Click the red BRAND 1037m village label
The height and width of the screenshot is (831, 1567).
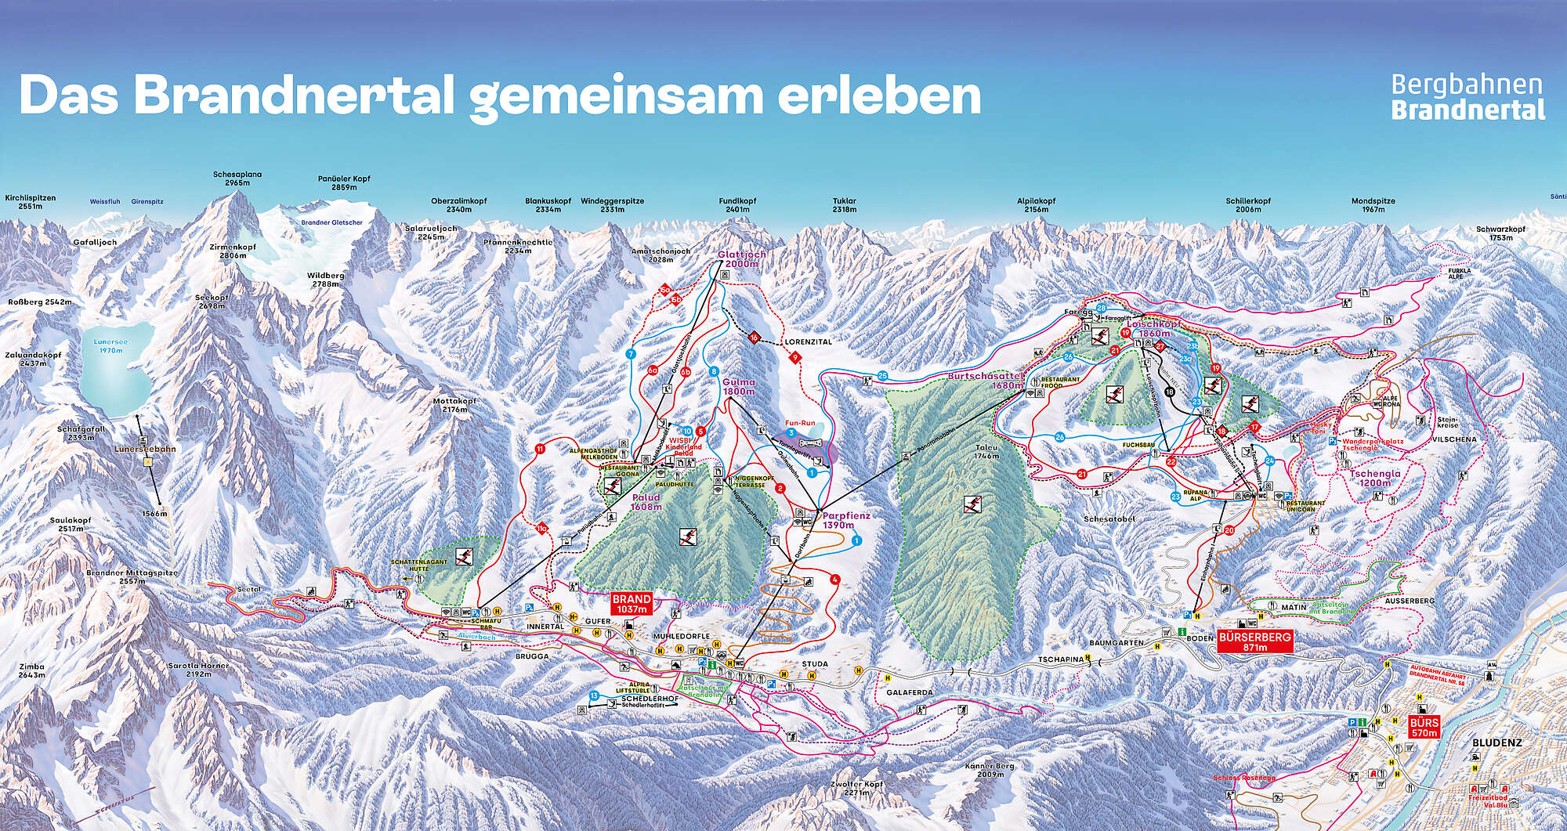pos(632,603)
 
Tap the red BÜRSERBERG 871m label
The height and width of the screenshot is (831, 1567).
pos(1254,642)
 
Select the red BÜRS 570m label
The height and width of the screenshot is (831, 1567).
pos(1424,728)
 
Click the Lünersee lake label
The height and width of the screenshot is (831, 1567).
pos(110,346)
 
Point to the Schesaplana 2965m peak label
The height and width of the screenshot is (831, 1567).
pos(237,179)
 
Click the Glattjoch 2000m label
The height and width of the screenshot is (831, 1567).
pos(741,259)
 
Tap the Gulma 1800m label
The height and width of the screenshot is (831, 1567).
pos(738,386)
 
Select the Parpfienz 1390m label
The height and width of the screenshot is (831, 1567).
pos(845,520)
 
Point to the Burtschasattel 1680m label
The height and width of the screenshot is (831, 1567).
pos(985,380)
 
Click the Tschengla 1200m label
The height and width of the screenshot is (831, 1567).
pos(1374,478)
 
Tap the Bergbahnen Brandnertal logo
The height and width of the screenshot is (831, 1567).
pos(1467,96)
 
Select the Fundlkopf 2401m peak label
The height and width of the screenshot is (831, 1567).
pos(737,205)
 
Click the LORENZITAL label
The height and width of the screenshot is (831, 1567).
pos(808,342)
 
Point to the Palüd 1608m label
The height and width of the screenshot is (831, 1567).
pos(646,501)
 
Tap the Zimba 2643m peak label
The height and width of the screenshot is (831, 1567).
pos(31,670)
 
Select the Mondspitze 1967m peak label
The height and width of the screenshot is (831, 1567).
pos(1373,205)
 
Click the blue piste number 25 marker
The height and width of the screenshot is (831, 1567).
pos(883,376)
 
